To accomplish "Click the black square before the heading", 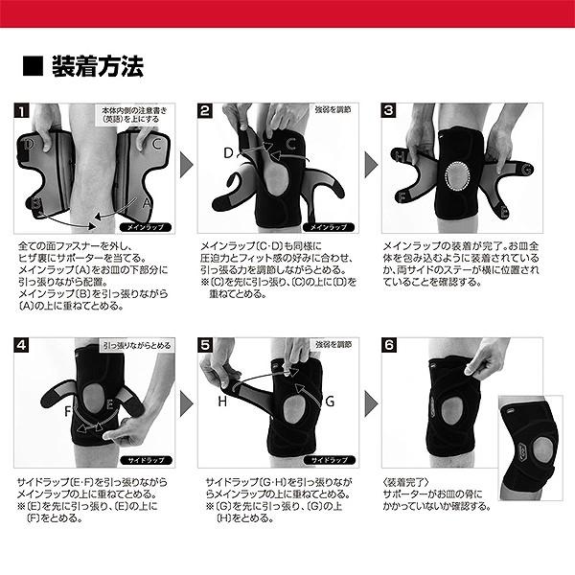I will (x=33, y=67).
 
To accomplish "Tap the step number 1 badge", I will (x=20, y=111).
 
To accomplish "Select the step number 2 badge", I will (x=205, y=111).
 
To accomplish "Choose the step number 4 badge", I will (x=20, y=344).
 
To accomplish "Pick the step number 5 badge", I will (x=205, y=344).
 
